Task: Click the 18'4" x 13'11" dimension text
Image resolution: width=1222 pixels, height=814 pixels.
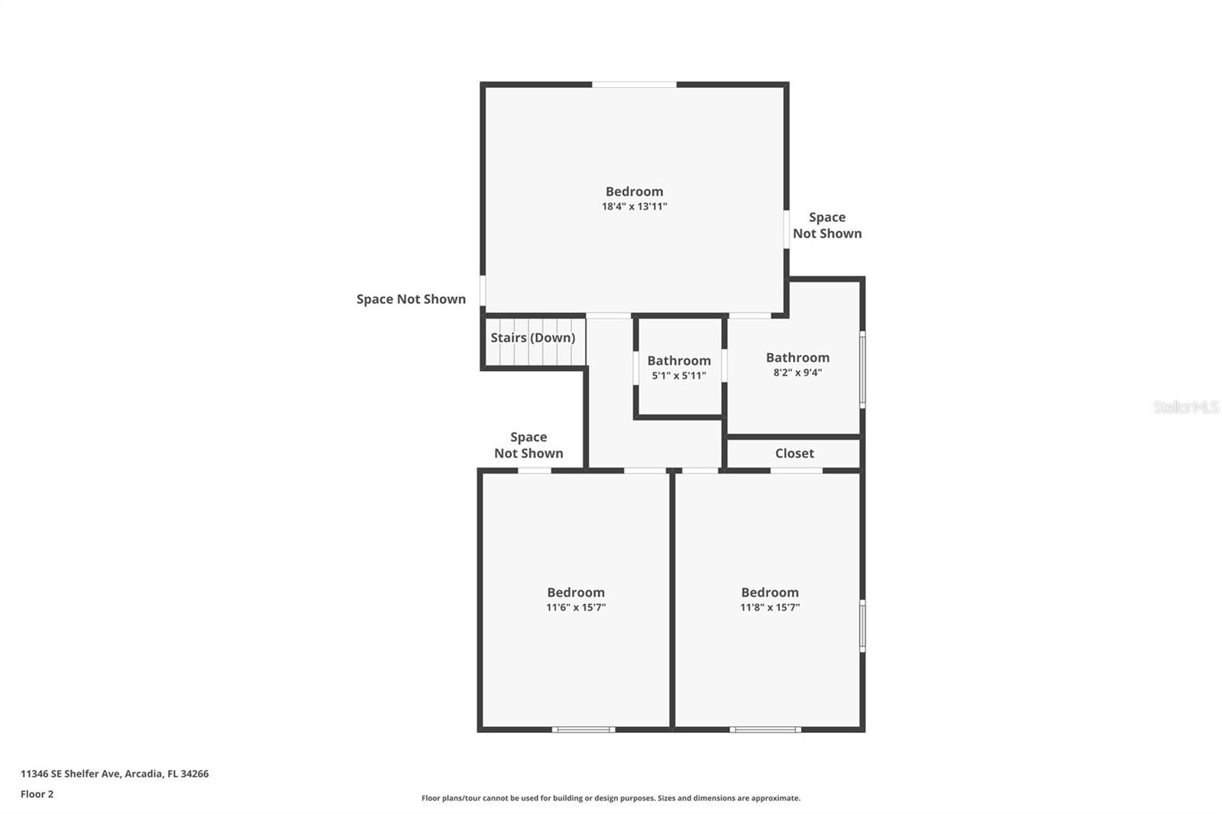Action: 634,206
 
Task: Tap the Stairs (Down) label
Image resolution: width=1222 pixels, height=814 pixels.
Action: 532,338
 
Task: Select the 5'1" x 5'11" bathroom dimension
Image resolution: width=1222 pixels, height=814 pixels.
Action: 678,376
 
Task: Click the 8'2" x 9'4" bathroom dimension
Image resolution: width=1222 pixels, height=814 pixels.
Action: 797,373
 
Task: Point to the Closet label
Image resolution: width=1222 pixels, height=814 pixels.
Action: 794,453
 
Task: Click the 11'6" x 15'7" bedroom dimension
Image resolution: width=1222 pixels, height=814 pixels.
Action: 576,607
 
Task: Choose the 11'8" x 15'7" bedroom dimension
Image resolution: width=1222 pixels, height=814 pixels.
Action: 769,607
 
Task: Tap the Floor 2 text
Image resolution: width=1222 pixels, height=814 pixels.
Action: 37,794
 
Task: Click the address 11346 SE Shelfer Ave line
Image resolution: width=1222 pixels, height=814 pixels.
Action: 115,774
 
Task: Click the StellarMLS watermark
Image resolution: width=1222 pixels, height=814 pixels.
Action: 1185,407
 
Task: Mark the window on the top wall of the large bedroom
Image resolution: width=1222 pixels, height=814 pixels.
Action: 634,84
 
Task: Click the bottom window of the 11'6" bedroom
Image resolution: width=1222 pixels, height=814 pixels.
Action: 584,730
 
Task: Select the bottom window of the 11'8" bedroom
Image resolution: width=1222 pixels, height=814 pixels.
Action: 765,730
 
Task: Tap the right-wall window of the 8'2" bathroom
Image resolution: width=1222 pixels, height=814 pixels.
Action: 862,369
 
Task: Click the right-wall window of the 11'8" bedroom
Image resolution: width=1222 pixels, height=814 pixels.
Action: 862,625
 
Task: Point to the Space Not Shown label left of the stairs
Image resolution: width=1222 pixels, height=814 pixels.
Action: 411,299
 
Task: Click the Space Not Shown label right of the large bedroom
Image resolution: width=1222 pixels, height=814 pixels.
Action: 826,225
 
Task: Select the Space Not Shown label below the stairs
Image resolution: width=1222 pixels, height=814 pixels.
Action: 529,445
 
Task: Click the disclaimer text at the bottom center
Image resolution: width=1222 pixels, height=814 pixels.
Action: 611,798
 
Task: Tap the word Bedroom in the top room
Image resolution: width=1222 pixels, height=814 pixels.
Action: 634,192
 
